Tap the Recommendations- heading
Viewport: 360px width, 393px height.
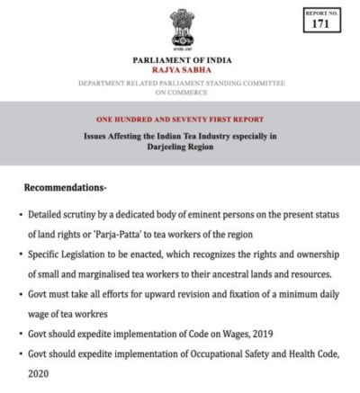click(x=67, y=191)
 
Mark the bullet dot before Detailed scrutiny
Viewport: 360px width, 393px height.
click(x=20, y=215)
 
